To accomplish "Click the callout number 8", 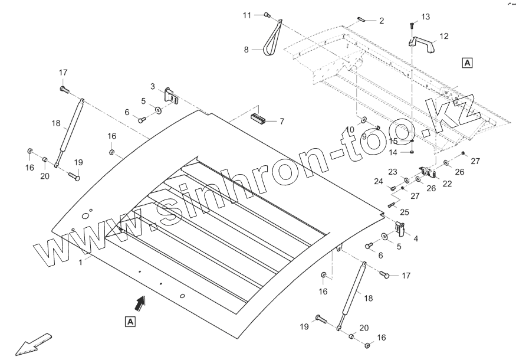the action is coord(247,50).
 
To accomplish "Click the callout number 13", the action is coord(425,17).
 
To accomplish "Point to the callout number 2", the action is coord(381,21).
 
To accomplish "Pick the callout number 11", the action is coord(247,14).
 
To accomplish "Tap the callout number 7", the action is coord(281,122).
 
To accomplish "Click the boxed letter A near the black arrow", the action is coord(130,322).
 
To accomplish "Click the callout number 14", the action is coord(393,152).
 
